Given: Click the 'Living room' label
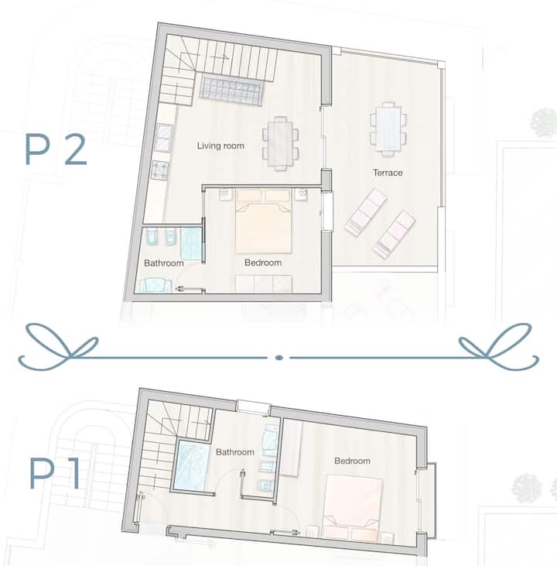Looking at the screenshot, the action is pyautogui.click(x=220, y=146).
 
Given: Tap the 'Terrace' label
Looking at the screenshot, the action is pyautogui.click(x=388, y=173).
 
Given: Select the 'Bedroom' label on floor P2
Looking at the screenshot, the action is pyautogui.click(x=263, y=262).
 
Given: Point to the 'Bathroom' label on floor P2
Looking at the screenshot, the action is pyautogui.click(x=164, y=263).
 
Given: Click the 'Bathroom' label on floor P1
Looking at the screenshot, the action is pyautogui.click(x=235, y=452).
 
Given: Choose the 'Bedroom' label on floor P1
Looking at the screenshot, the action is pyautogui.click(x=352, y=461).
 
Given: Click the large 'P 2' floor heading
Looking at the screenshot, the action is pyautogui.click(x=56, y=149).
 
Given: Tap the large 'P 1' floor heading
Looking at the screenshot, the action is pyautogui.click(x=54, y=474).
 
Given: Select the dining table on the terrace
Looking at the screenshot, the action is pyautogui.click(x=388, y=129).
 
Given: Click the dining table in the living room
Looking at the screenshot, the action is pyautogui.click(x=280, y=143).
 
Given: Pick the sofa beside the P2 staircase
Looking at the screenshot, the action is pyautogui.click(x=231, y=90).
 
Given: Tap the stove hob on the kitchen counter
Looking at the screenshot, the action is pyautogui.click(x=160, y=170).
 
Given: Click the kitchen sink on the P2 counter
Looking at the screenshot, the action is pyautogui.click(x=164, y=137).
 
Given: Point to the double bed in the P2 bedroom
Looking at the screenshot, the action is pyautogui.click(x=263, y=221).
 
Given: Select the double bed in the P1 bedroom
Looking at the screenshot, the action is pyautogui.click(x=352, y=509).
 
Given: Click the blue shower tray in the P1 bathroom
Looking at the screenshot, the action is pyautogui.click(x=192, y=465).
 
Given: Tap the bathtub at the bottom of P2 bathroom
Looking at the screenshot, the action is pyautogui.click(x=155, y=285).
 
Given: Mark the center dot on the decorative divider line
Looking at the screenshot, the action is pyautogui.click(x=278, y=358).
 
